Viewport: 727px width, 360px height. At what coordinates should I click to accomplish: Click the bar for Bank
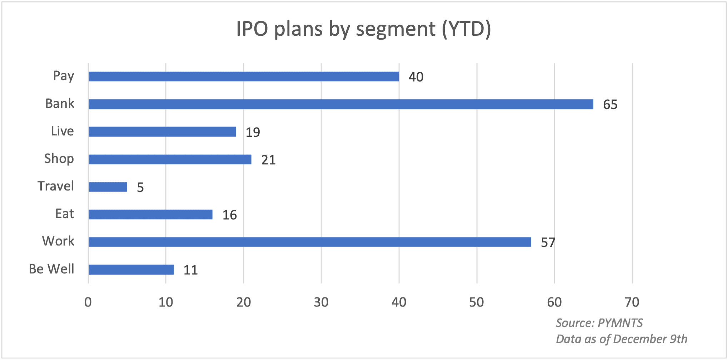click(340, 104)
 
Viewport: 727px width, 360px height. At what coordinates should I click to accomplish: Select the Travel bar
click(108, 187)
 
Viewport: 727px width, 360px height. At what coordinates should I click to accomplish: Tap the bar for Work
click(309, 242)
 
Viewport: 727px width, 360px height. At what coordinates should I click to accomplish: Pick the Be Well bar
click(131, 270)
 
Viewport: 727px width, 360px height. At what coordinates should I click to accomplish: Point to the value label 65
click(610, 105)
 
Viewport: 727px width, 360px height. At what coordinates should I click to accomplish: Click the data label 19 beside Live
click(253, 132)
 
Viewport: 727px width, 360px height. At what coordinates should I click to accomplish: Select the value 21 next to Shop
click(268, 160)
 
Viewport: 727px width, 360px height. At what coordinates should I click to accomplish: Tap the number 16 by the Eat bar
click(229, 215)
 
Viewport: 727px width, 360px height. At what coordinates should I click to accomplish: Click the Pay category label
click(64, 76)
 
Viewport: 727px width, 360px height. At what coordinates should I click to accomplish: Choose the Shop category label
click(59, 159)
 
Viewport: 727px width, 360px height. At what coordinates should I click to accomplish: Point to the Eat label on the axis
click(65, 214)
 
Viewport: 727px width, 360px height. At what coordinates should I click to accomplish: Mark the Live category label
click(62, 131)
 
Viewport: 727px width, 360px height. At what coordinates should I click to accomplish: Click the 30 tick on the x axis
click(321, 302)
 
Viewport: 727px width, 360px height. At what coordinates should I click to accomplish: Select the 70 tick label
click(632, 302)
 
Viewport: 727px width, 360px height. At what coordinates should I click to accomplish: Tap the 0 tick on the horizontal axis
click(88, 302)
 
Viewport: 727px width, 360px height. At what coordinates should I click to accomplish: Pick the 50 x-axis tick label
click(476, 302)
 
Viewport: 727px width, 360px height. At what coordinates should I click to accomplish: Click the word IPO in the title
click(252, 29)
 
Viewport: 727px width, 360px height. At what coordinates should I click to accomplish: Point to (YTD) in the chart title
click(466, 29)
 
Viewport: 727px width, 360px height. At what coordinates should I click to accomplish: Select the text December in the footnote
click(639, 339)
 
